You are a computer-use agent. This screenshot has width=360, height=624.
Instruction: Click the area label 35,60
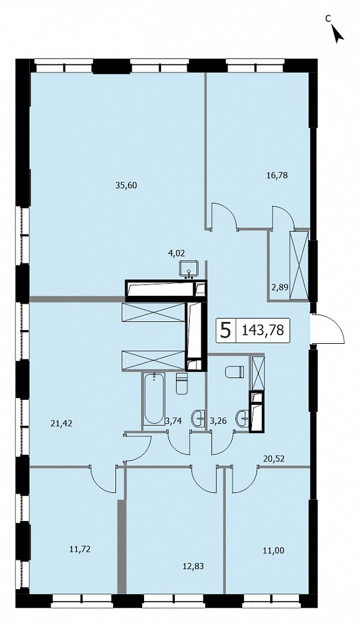125,185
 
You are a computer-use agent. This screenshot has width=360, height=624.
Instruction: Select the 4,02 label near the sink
177,252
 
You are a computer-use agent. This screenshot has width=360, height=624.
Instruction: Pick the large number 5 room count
225,330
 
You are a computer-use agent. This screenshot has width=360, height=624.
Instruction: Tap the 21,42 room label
61,424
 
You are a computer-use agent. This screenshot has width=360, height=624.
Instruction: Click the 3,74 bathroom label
173,421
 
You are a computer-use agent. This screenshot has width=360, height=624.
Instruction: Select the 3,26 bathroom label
218,421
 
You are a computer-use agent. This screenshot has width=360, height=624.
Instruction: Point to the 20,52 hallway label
273,459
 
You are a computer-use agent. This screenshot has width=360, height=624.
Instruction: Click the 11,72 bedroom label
80,550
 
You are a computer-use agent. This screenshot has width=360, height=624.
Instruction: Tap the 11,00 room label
274,550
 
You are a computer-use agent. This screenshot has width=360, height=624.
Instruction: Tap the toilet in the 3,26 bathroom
235,373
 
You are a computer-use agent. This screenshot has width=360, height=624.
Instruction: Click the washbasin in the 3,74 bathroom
198,417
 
